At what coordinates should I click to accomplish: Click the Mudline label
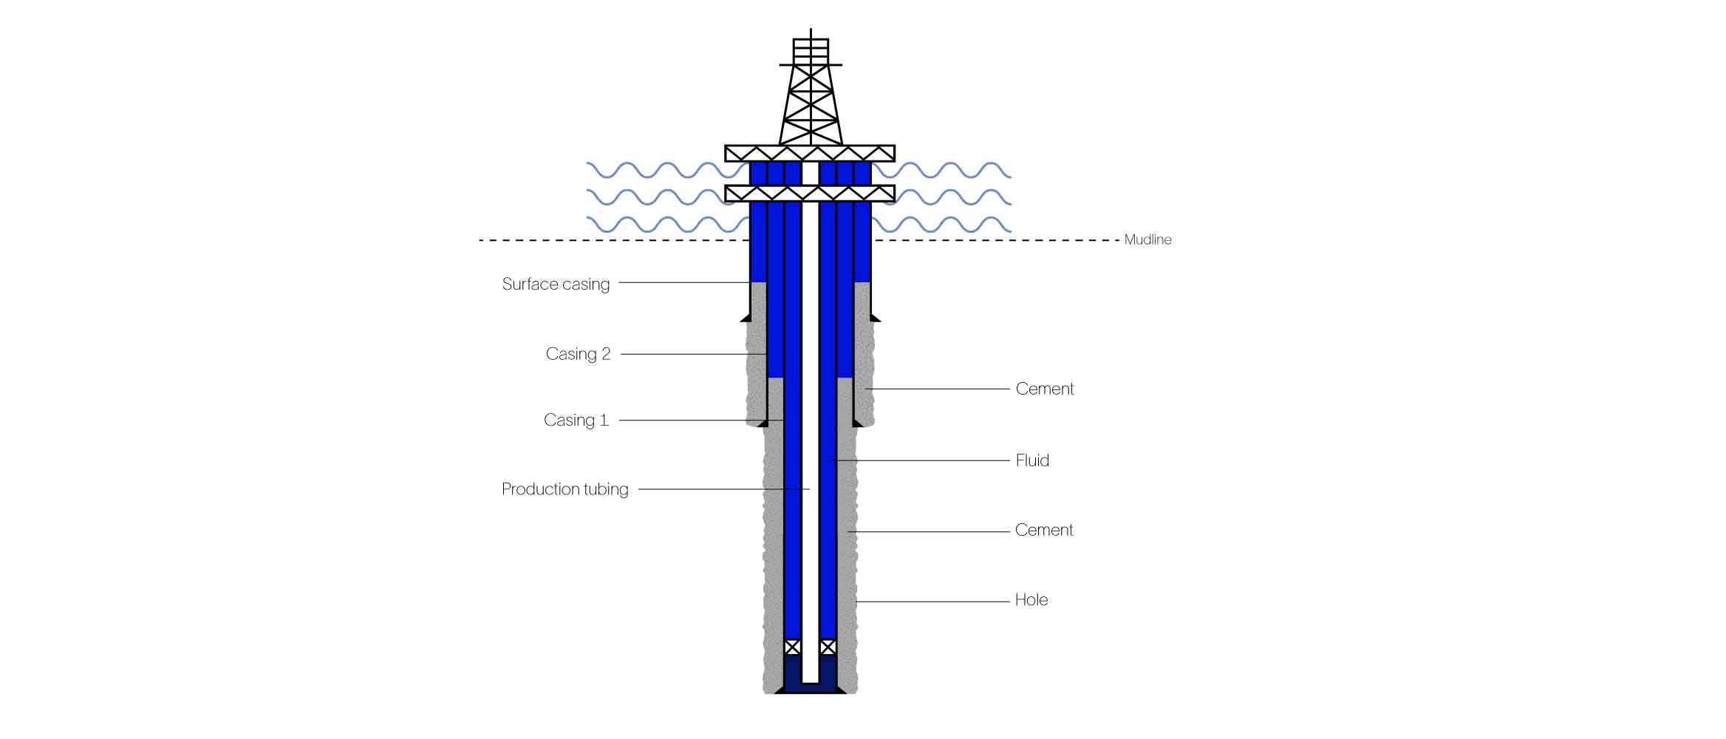pyautogui.click(x=1147, y=239)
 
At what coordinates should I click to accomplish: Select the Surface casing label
pyautogui.click(x=556, y=284)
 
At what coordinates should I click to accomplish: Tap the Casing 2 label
pyautogui.click(x=578, y=354)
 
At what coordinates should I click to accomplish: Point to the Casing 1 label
pyautogui.click(x=576, y=420)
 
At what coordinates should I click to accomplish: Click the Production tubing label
pyautogui.click(x=564, y=489)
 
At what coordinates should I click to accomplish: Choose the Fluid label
pyautogui.click(x=1032, y=460)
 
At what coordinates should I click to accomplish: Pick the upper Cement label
pyautogui.click(x=1044, y=389)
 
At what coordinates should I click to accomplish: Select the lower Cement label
pyautogui.click(x=1043, y=530)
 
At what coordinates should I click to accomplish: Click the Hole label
pyautogui.click(x=1031, y=599)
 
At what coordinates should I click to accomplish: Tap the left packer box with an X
pyautogui.click(x=792, y=647)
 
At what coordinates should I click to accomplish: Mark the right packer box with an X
pyautogui.click(x=828, y=647)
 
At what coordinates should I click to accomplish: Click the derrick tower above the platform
pyautogui.click(x=811, y=103)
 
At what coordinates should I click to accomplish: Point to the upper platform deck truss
pyautogui.click(x=810, y=154)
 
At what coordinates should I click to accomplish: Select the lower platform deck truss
pyautogui.click(x=810, y=194)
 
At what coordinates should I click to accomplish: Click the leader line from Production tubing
pyautogui.click(x=724, y=489)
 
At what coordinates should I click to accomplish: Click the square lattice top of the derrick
pyautogui.click(x=811, y=51)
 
